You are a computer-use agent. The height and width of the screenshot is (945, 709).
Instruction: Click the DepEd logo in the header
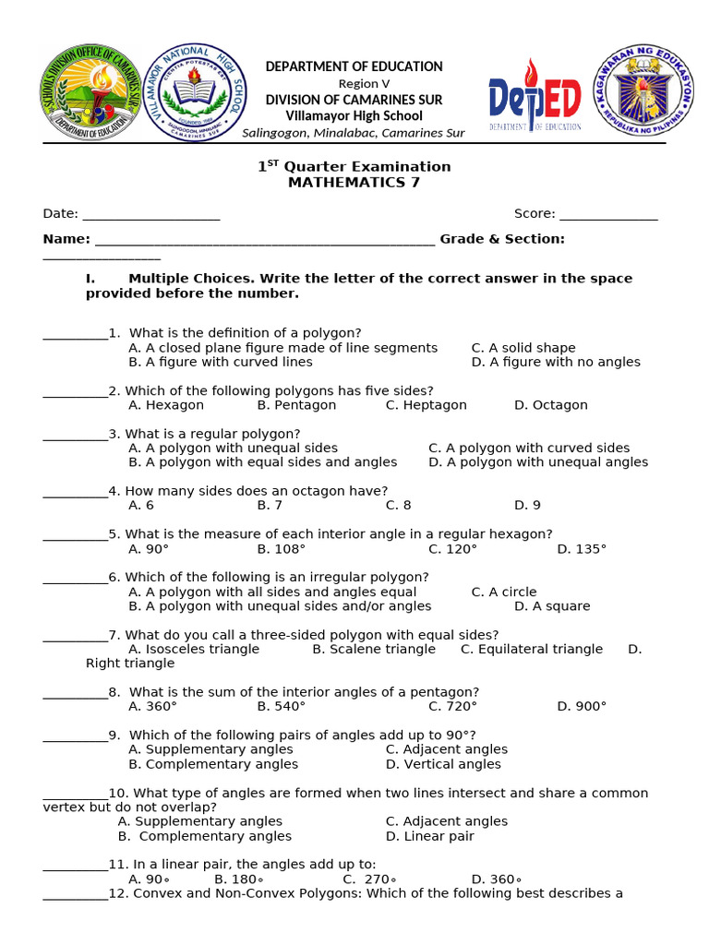click(x=535, y=94)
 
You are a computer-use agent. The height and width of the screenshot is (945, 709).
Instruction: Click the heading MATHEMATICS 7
click(x=354, y=182)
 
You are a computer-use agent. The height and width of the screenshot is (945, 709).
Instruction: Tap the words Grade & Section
click(x=502, y=239)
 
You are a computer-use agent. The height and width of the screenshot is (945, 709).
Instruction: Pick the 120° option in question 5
click(x=452, y=549)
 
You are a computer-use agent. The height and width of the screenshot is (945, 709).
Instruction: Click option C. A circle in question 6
click(x=503, y=592)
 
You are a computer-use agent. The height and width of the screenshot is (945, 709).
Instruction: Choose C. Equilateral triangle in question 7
click(x=531, y=649)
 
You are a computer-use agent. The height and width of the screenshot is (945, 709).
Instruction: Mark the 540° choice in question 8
click(x=281, y=706)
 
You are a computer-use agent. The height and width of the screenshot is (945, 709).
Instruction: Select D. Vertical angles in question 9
click(x=443, y=764)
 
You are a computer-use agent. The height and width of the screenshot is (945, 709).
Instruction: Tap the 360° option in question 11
click(x=496, y=879)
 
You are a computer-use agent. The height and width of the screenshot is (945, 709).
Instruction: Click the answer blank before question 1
click(x=75, y=333)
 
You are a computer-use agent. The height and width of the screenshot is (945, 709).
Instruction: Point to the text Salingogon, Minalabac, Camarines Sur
click(x=353, y=133)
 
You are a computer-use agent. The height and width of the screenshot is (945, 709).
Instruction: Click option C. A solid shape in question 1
click(x=523, y=348)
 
